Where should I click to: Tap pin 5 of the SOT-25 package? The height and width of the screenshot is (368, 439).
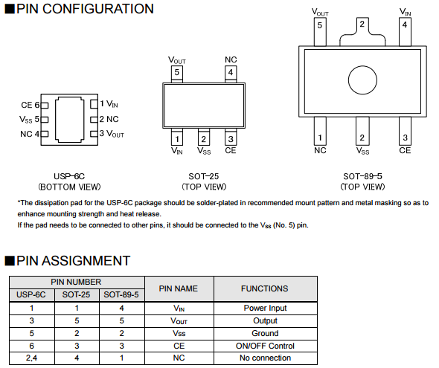pos(176,74)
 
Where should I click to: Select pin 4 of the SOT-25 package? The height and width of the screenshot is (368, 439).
pos(231,74)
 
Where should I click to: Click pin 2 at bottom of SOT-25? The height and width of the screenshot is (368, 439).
pos(204,137)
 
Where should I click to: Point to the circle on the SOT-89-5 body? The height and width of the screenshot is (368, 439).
pos(362,80)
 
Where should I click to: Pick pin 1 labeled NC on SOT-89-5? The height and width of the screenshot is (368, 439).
pos(320,131)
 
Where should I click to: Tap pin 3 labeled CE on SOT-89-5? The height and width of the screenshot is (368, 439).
pos(405,131)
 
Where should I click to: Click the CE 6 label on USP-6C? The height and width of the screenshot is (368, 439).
pos(31,105)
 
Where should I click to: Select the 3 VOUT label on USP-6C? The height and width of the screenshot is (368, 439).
pos(112,133)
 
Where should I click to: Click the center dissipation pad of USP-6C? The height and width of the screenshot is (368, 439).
pos(70,120)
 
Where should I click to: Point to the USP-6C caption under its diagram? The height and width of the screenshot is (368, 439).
pos(69,181)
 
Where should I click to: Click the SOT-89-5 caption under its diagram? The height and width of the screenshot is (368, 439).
pos(362,181)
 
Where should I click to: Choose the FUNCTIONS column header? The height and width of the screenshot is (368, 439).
pos(265,288)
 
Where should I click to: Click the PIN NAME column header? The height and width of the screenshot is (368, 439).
pos(179,288)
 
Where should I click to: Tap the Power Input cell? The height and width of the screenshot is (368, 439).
pos(265,309)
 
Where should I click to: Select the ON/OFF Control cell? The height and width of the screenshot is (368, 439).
pos(265,346)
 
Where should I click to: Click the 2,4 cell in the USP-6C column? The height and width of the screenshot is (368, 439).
pos(31,358)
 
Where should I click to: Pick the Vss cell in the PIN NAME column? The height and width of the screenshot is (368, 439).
pos(179,333)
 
